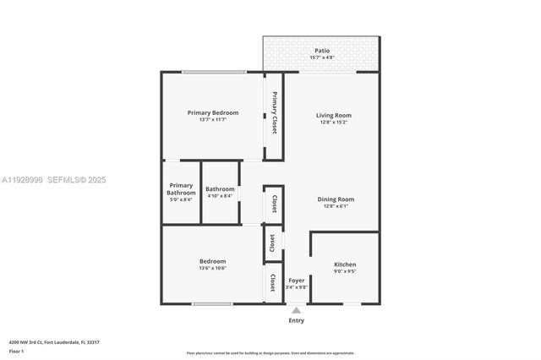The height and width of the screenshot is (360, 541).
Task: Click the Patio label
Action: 322,51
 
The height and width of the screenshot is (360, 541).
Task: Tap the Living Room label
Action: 334,115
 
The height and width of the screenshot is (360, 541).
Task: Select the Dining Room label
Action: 336,199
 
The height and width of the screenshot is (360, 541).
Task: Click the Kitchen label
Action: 345,265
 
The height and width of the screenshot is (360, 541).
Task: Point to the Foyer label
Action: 297,280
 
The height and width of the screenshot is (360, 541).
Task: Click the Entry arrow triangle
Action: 297,310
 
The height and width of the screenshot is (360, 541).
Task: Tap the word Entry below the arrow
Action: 297,320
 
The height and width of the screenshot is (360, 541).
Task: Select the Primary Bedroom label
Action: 213,112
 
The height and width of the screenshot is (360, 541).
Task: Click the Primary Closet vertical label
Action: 275,112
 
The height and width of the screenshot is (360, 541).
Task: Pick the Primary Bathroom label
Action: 181,188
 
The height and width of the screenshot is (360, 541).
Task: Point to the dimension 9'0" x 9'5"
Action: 345,272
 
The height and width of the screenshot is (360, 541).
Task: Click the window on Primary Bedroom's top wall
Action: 209,72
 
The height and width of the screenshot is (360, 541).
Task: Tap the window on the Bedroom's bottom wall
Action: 212,303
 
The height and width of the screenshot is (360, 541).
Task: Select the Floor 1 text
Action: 16,351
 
